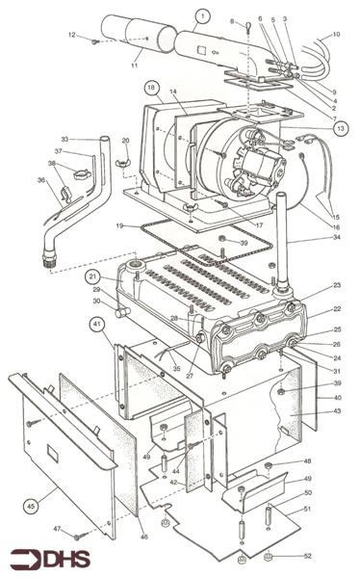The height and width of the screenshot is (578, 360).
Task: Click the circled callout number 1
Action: (202, 15)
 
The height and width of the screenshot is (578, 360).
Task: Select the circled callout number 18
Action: (152, 87)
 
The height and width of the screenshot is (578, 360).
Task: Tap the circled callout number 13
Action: (341, 127)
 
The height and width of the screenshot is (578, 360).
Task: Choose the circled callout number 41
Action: (97, 325)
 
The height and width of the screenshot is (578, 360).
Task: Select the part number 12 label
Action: (73, 35)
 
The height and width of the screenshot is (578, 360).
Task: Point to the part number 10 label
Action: (336, 35)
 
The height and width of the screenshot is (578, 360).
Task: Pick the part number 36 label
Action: (41, 179)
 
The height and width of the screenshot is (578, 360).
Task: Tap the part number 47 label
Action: (57, 529)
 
